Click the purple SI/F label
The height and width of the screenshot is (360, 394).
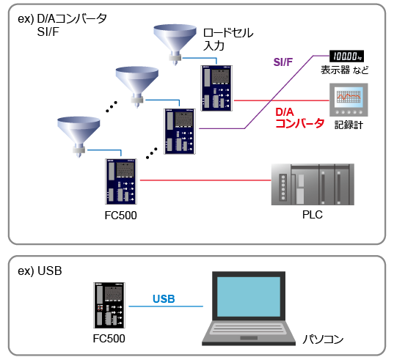pyautogui.click(x=283, y=62)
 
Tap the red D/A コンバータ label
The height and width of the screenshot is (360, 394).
pyautogui.click(x=299, y=118)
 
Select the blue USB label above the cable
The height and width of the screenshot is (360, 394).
pyautogui.click(x=164, y=298)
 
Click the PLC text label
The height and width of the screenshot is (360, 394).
pyautogui.click(x=313, y=215)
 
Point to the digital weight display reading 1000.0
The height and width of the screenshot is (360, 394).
pyautogui.click(x=347, y=56)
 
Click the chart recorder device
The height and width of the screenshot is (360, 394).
pyautogui.click(x=349, y=100)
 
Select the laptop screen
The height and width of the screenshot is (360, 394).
pyautogui.click(x=249, y=296)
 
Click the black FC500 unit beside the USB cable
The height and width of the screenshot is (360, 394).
pyautogui.click(x=109, y=305)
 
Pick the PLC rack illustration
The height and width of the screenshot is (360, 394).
pyautogui.click(x=313, y=185)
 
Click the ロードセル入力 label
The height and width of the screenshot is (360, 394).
pyautogui.click(x=228, y=39)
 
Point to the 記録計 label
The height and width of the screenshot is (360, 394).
pyautogui.click(x=349, y=125)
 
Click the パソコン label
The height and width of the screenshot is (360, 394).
pyautogui.click(x=323, y=339)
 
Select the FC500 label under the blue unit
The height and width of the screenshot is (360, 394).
pyautogui.click(x=120, y=216)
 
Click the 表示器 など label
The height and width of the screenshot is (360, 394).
pyautogui.click(x=345, y=70)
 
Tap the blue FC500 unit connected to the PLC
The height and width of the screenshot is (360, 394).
pyautogui.click(x=121, y=182)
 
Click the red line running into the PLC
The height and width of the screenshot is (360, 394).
pyautogui.click(x=205, y=180)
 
